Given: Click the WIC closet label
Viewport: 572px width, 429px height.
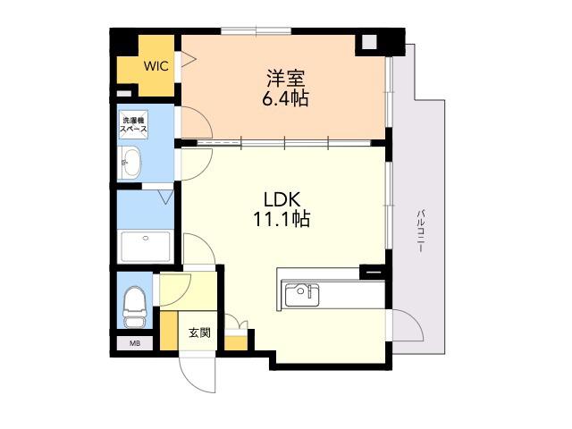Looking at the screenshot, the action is pyautogui.click(x=156, y=66).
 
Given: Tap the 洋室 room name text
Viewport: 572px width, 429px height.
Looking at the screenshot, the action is pyautogui.click(x=286, y=78).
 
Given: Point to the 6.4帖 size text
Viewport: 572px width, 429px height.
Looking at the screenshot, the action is pyautogui.click(x=286, y=97).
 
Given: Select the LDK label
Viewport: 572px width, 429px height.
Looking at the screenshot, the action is pyautogui.click(x=282, y=199).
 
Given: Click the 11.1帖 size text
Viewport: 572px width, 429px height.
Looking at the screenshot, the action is pyautogui.click(x=282, y=219).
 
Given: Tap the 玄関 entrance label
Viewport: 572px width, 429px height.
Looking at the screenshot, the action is pyautogui.click(x=199, y=332).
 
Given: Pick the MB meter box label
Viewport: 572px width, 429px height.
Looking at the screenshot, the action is pyautogui.click(x=135, y=343).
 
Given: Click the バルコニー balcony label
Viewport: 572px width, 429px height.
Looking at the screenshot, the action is pyautogui.click(x=420, y=231).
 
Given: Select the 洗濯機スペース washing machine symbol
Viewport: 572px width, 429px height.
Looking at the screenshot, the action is pyautogui.click(x=134, y=125).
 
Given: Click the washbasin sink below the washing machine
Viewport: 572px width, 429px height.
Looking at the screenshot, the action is pyautogui.click(x=131, y=163).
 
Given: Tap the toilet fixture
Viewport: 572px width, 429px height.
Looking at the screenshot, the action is pyautogui.click(x=134, y=307).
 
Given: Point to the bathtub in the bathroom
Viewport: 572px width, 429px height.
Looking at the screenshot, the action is pyautogui.click(x=146, y=247).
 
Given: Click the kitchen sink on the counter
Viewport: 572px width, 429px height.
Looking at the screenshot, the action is pyautogui.click(x=302, y=295).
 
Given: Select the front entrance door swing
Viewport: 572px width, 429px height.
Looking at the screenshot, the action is pyautogui.click(x=198, y=373).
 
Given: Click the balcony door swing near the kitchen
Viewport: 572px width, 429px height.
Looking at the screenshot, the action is pyautogui.click(x=408, y=325).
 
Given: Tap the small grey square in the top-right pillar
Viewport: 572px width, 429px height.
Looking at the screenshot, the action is pyautogui.click(x=369, y=42).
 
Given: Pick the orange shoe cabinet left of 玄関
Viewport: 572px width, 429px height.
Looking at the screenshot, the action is pyautogui.click(x=169, y=330).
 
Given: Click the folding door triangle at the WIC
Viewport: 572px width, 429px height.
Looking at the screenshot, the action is pyautogui.click(x=188, y=60).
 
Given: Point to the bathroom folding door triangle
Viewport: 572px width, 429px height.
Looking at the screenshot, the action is pyautogui.click(x=166, y=197).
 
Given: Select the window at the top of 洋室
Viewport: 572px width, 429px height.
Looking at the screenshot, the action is pyautogui.click(x=257, y=31).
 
